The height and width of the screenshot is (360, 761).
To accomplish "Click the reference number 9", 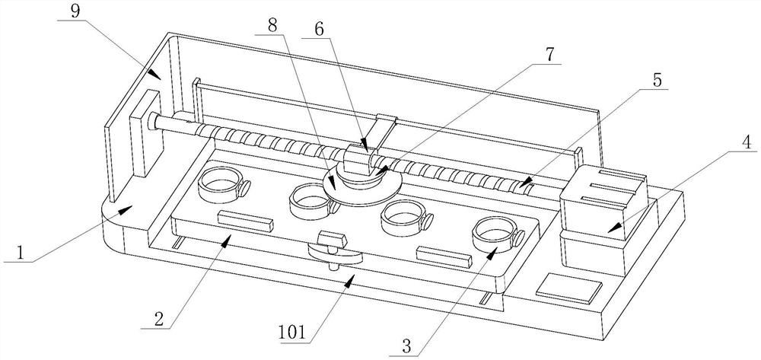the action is (x=75, y=11).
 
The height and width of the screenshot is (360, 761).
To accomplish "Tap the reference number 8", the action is (x=273, y=25).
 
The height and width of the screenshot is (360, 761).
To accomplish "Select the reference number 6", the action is (x=319, y=30).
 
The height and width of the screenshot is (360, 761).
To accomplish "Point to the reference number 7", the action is (x=550, y=54).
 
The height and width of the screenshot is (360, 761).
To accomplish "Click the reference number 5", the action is (x=657, y=80).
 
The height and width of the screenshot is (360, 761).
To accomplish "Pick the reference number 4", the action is (x=747, y=142).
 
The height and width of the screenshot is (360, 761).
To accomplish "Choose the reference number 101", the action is (x=292, y=333).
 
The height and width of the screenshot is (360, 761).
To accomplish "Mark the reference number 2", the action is (x=159, y=319).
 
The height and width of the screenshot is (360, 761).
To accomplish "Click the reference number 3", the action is (x=406, y=346).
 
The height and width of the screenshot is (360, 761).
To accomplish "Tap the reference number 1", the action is (x=21, y=253).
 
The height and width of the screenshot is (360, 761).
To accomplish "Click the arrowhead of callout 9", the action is (x=155, y=75).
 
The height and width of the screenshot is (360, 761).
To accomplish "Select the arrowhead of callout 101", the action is (x=349, y=279).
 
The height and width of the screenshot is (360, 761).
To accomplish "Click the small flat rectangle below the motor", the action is (x=568, y=288).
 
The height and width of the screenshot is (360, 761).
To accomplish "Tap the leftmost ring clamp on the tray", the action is (x=224, y=185).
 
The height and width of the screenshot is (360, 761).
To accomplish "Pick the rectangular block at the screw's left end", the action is (x=145, y=132).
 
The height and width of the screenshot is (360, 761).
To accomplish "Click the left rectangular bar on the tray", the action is (x=245, y=221).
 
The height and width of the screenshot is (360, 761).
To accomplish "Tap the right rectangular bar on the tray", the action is (x=444, y=257).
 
